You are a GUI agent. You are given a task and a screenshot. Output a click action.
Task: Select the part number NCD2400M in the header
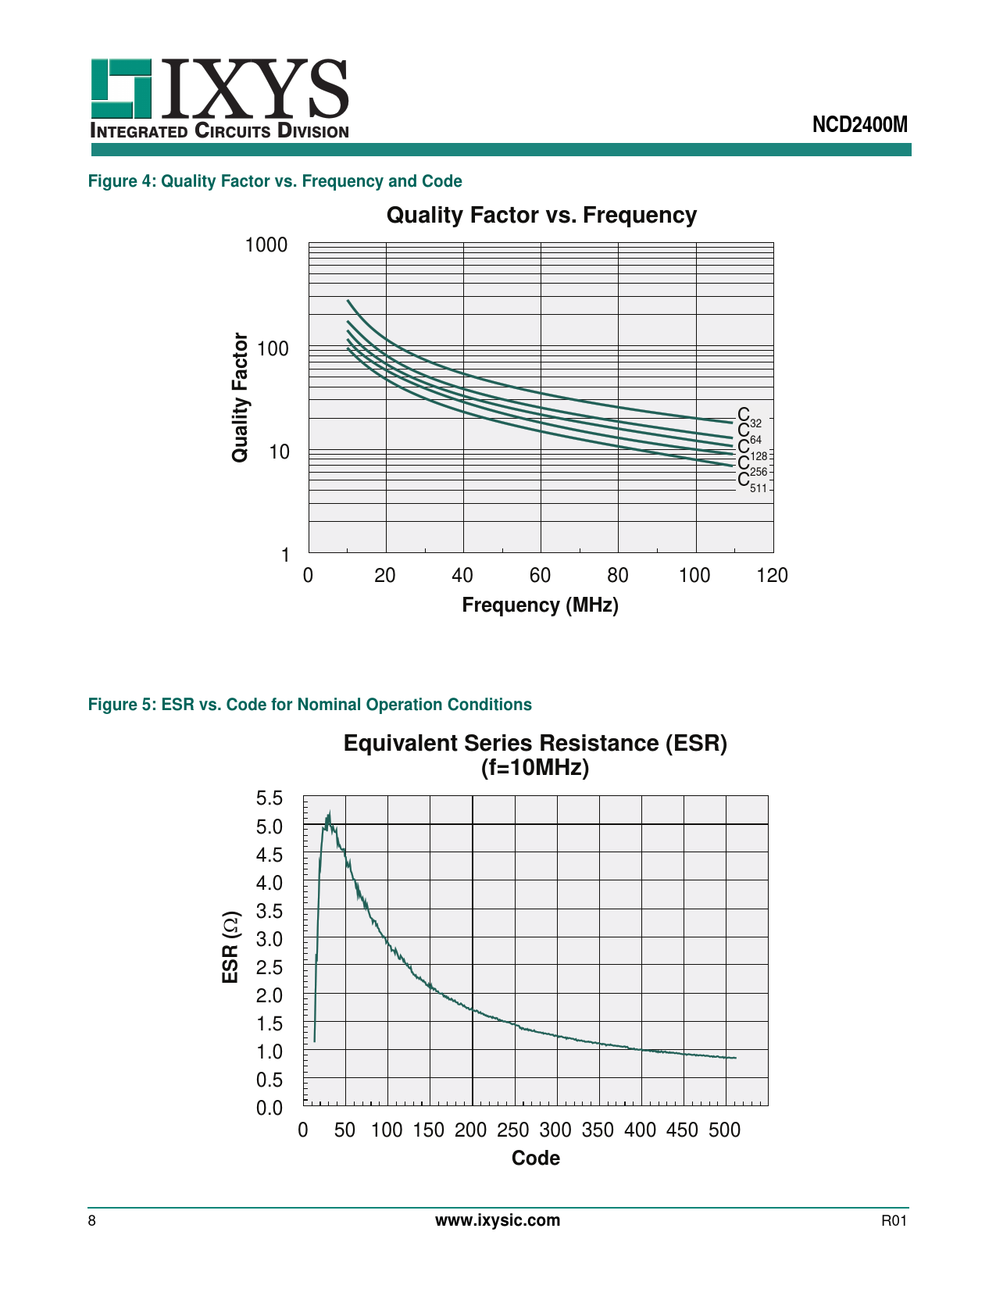click(859, 125)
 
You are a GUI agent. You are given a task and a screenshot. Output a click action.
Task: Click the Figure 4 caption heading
click(275, 181)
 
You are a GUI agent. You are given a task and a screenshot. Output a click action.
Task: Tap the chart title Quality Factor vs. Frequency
click(541, 216)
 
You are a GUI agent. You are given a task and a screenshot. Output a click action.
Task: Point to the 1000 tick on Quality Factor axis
click(266, 245)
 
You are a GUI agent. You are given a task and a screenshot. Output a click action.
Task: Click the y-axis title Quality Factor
click(240, 398)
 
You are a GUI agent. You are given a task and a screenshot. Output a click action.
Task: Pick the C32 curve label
click(748, 418)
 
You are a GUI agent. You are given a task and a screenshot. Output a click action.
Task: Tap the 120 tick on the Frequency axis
click(773, 576)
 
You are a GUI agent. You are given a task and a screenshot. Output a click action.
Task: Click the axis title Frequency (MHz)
click(540, 605)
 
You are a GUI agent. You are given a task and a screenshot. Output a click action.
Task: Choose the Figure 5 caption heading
click(309, 705)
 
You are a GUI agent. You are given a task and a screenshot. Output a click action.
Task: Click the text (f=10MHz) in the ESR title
click(535, 768)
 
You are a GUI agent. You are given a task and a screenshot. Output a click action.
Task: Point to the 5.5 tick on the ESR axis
click(270, 798)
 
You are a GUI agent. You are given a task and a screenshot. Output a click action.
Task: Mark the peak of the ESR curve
click(330, 812)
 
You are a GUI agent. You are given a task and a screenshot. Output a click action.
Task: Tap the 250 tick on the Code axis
click(513, 1130)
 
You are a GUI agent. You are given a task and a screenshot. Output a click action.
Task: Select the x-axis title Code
click(535, 1159)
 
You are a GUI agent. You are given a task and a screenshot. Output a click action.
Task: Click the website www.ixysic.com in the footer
click(498, 1221)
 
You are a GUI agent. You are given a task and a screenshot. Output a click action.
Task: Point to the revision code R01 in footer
click(894, 1222)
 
